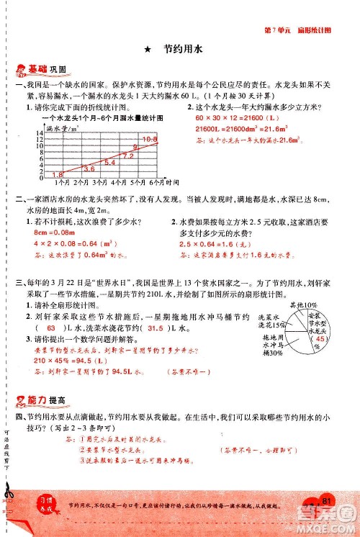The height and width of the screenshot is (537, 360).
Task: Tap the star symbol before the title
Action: [147, 50]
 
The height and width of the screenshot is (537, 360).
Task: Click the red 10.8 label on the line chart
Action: [150, 139]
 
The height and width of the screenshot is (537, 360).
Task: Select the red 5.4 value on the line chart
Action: [110, 163]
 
